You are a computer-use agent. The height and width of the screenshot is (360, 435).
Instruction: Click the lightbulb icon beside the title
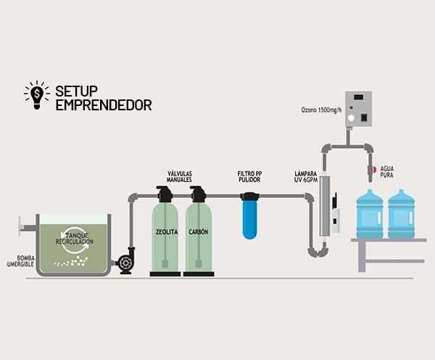tap(36, 95)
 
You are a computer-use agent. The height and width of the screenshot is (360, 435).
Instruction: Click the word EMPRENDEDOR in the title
tap(104, 105)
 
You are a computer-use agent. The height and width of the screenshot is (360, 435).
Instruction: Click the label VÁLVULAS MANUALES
tap(179, 176)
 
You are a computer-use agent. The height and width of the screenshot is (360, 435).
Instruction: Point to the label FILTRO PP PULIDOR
tap(249, 176)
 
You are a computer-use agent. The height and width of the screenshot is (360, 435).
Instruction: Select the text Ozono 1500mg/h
tap(320, 110)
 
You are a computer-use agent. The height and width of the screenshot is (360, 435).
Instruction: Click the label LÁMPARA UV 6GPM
tap(305, 176)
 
